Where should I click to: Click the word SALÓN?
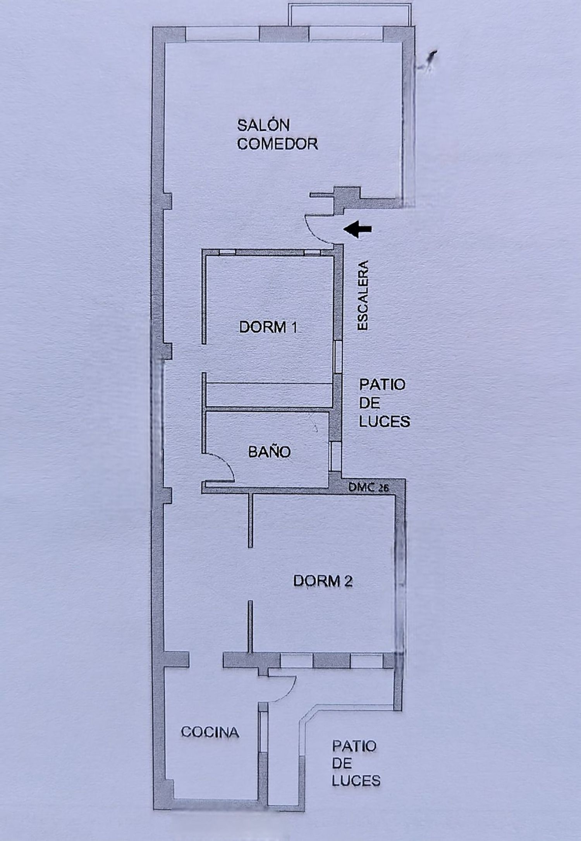(x=263, y=125)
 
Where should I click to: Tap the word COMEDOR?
(x=277, y=144)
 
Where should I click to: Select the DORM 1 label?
(x=268, y=327)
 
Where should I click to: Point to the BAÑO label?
(x=269, y=452)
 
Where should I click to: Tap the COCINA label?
(x=210, y=732)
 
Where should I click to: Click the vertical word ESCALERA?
(x=363, y=295)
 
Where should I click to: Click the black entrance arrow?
(x=358, y=230)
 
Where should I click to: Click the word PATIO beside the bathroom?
(x=382, y=384)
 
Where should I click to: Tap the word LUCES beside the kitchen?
(x=356, y=781)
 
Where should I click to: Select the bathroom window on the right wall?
(x=335, y=455)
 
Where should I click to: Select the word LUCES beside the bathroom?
(x=384, y=421)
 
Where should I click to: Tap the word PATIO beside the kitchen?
(x=354, y=746)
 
